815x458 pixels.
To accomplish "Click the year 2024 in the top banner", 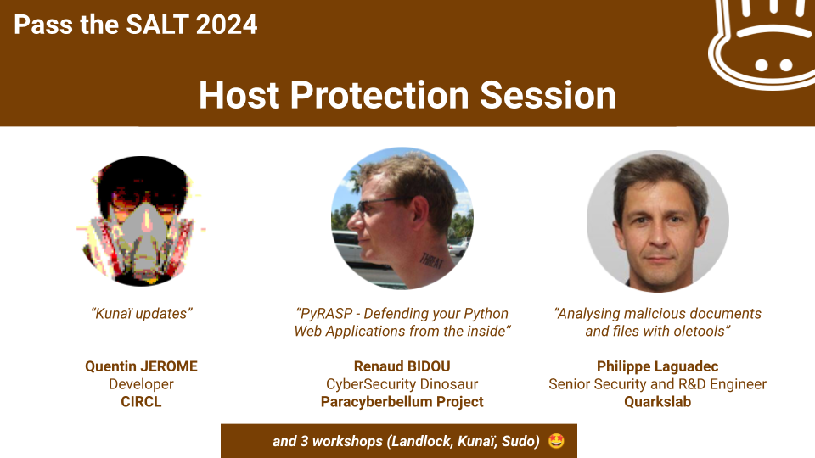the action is tap(227, 25).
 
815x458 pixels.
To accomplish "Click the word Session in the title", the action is tap(548, 95).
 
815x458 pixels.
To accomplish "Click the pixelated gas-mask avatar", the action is tap(141, 221).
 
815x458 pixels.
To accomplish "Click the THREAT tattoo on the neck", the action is tap(431, 260).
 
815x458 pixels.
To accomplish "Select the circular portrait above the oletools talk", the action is tap(657, 221).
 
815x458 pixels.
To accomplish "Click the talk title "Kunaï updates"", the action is tap(142, 314).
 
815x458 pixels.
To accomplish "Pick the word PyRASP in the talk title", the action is tap(325, 314).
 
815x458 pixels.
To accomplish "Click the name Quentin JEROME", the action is tap(142, 366).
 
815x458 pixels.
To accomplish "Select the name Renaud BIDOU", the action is tap(402, 366).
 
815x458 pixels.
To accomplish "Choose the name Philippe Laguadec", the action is tap(657, 366).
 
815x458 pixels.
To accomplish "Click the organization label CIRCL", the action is tap(142, 402).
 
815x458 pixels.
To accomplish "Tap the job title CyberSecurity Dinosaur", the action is tap(402, 384).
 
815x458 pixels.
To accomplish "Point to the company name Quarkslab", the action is tap(657, 402).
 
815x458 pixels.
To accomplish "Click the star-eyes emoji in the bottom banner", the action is tap(556, 441).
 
